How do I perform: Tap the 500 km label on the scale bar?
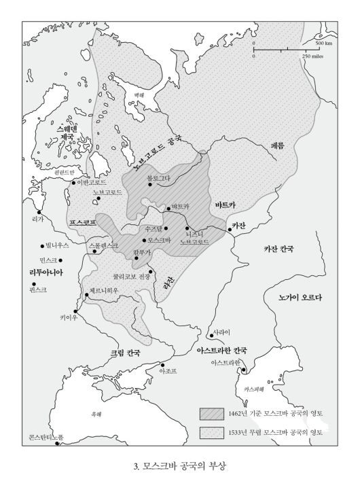[x=323, y=43]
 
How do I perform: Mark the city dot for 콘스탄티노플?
[x=57, y=444]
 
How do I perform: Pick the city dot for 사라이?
[x=210, y=336]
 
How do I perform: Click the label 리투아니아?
[x=46, y=272]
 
